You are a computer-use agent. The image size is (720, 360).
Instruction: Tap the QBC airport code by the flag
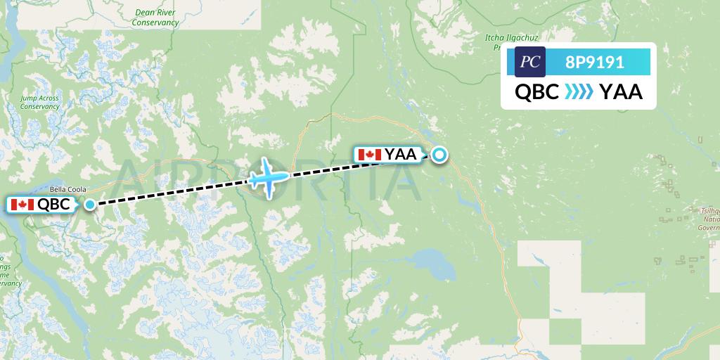[53, 205]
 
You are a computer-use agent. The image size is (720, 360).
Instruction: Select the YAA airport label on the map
[400, 155]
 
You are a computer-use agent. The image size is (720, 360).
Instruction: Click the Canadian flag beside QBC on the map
[22, 205]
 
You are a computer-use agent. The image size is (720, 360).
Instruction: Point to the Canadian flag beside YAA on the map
[369, 155]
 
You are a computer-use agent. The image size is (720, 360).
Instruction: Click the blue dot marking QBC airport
[90, 205]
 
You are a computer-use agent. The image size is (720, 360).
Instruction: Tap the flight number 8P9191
[595, 62]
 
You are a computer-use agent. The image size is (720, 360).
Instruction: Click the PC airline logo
[530, 62]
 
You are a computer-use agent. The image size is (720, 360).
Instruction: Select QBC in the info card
[537, 91]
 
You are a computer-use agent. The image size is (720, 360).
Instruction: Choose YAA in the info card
[621, 91]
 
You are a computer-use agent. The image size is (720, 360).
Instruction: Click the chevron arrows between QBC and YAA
[579, 91]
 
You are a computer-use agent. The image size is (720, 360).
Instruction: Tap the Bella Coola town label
[67, 189]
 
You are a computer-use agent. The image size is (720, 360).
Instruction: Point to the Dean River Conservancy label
[155, 18]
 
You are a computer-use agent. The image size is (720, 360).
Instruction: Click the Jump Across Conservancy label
[39, 102]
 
